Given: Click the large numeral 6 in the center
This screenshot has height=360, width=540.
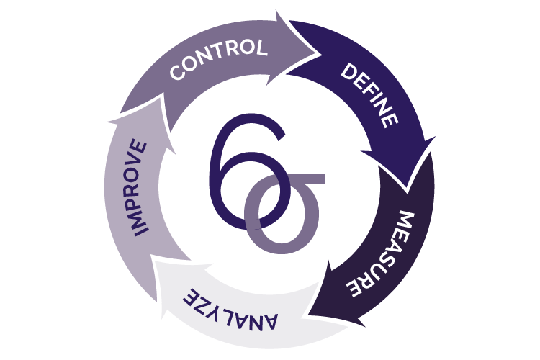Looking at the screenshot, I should point(238,169).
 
